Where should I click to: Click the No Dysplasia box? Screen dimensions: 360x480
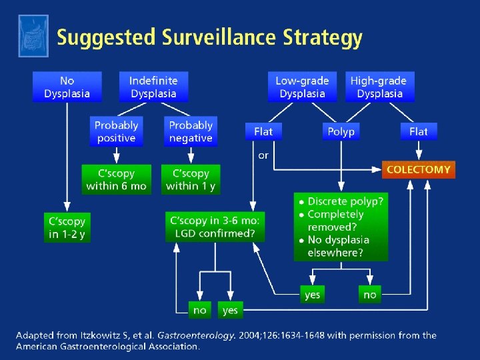(67, 87)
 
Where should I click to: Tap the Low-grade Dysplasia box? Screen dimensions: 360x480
(302, 87)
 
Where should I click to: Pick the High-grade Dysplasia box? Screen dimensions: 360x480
(379, 87)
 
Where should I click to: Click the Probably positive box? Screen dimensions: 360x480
(116, 131)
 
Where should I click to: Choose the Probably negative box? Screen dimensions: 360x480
(191, 131)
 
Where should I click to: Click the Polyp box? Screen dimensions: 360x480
(341, 131)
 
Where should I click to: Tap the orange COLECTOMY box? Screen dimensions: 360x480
(418, 169)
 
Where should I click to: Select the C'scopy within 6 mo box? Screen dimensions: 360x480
(116, 179)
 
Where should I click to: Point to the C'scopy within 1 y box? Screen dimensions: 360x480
(191, 179)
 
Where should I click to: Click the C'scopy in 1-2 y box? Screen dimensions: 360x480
(67, 227)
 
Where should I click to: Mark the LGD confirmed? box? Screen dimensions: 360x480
(215, 227)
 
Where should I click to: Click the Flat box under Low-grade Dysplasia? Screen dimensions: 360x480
(263, 131)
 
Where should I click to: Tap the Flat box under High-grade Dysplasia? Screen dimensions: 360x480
(418, 131)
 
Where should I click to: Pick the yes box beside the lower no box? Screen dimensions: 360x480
(230, 310)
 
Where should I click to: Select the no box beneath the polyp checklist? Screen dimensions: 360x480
(370, 294)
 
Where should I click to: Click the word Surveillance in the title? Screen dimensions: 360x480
(229, 37)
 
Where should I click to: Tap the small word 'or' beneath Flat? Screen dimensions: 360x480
(263, 155)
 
